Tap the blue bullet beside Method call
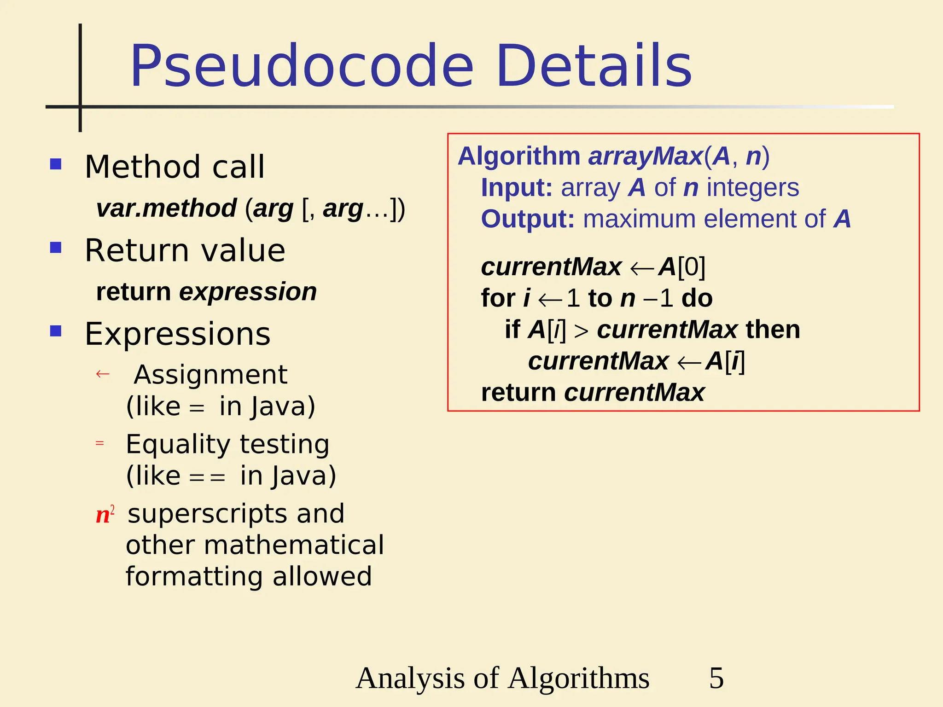(x=56, y=164)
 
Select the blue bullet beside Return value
(x=56, y=248)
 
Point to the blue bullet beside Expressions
(x=56, y=331)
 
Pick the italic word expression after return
(x=248, y=292)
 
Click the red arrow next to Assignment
(x=102, y=374)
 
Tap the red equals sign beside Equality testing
(x=100, y=443)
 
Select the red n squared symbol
(x=105, y=514)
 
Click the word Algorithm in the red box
(x=519, y=156)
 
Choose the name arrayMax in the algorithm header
(x=645, y=156)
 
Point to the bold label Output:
(x=528, y=219)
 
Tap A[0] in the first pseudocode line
(x=682, y=267)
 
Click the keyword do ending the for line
(x=697, y=298)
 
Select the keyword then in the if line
(x=773, y=330)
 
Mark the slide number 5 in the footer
(x=716, y=678)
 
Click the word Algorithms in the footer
(x=579, y=678)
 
